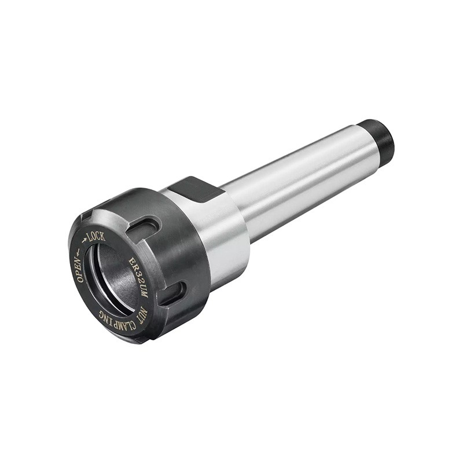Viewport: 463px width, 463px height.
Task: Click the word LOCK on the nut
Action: point(96,237)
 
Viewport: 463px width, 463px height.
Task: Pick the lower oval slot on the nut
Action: point(172,293)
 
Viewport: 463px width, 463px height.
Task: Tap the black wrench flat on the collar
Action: point(196,189)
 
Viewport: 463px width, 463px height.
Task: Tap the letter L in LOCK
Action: point(89,237)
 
